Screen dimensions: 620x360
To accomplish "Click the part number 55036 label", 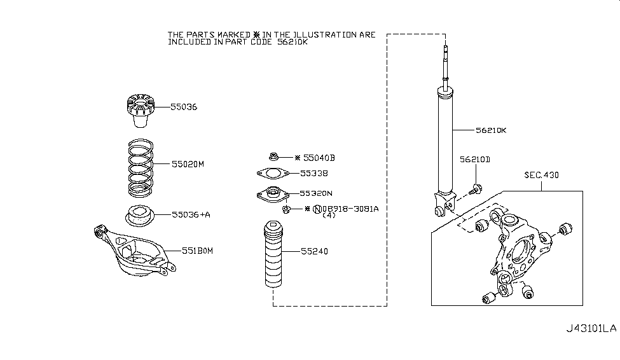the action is click(184, 107).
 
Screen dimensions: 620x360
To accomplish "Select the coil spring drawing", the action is click(141, 168).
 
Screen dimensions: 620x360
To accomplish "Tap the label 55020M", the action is click(188, 164).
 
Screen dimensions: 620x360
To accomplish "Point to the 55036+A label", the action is click(191, 214).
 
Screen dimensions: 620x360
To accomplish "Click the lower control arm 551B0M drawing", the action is click(134, 251).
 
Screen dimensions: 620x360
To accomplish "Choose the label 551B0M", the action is click(197, 251).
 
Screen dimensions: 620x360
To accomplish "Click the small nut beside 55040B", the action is click(273, 157).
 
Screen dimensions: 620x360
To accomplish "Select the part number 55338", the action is click(314, 173).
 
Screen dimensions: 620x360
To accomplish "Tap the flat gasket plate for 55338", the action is click(273, 173).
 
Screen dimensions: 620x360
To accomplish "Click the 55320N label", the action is click(316, 193).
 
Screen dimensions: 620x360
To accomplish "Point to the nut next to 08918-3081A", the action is click(287, 209).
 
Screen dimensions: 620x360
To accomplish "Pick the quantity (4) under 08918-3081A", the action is click(329, 215).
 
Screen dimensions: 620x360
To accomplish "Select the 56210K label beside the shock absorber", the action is click(491, 130).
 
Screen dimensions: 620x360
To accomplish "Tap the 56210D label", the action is click(475, 160).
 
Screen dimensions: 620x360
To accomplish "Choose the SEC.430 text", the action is click(542, 175).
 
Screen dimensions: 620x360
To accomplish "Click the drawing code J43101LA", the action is click(591, 328).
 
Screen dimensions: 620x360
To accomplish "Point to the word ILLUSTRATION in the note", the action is click(322, 35).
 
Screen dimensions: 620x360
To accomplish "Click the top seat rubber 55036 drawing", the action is click(141, 111).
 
